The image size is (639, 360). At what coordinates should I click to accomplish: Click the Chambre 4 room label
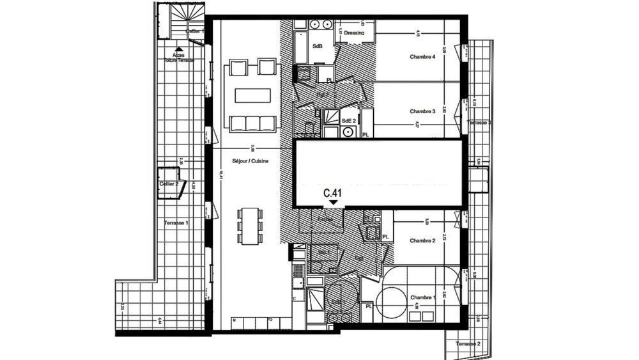[422, 57]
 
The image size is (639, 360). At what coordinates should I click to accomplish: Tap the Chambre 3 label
[422, 111]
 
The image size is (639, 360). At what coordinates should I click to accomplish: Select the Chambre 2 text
[422, 240]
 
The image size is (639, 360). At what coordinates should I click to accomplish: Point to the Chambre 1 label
[422, 298]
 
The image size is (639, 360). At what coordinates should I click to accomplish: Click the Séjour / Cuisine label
[250, 161]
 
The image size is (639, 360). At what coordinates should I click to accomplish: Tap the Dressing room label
[353, 33]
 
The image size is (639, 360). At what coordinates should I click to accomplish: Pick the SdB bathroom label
[317, 47]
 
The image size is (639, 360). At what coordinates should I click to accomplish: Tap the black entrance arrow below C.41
[334, 203]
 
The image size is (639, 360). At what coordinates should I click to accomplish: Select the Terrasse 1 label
[176, 223]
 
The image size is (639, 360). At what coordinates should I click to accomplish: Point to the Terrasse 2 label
[468, 344]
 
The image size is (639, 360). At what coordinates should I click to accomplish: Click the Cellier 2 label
[169, 184]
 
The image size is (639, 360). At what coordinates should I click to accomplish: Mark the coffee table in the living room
[249, 95]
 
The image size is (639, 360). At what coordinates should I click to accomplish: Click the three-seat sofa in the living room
[249, 123]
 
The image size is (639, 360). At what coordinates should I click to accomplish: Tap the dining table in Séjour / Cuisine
[250, 225]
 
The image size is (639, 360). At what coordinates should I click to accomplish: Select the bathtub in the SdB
[300, 46]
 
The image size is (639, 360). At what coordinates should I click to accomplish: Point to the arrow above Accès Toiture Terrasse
[179, 49]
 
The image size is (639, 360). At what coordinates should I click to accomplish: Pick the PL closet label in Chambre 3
[366, 135]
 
